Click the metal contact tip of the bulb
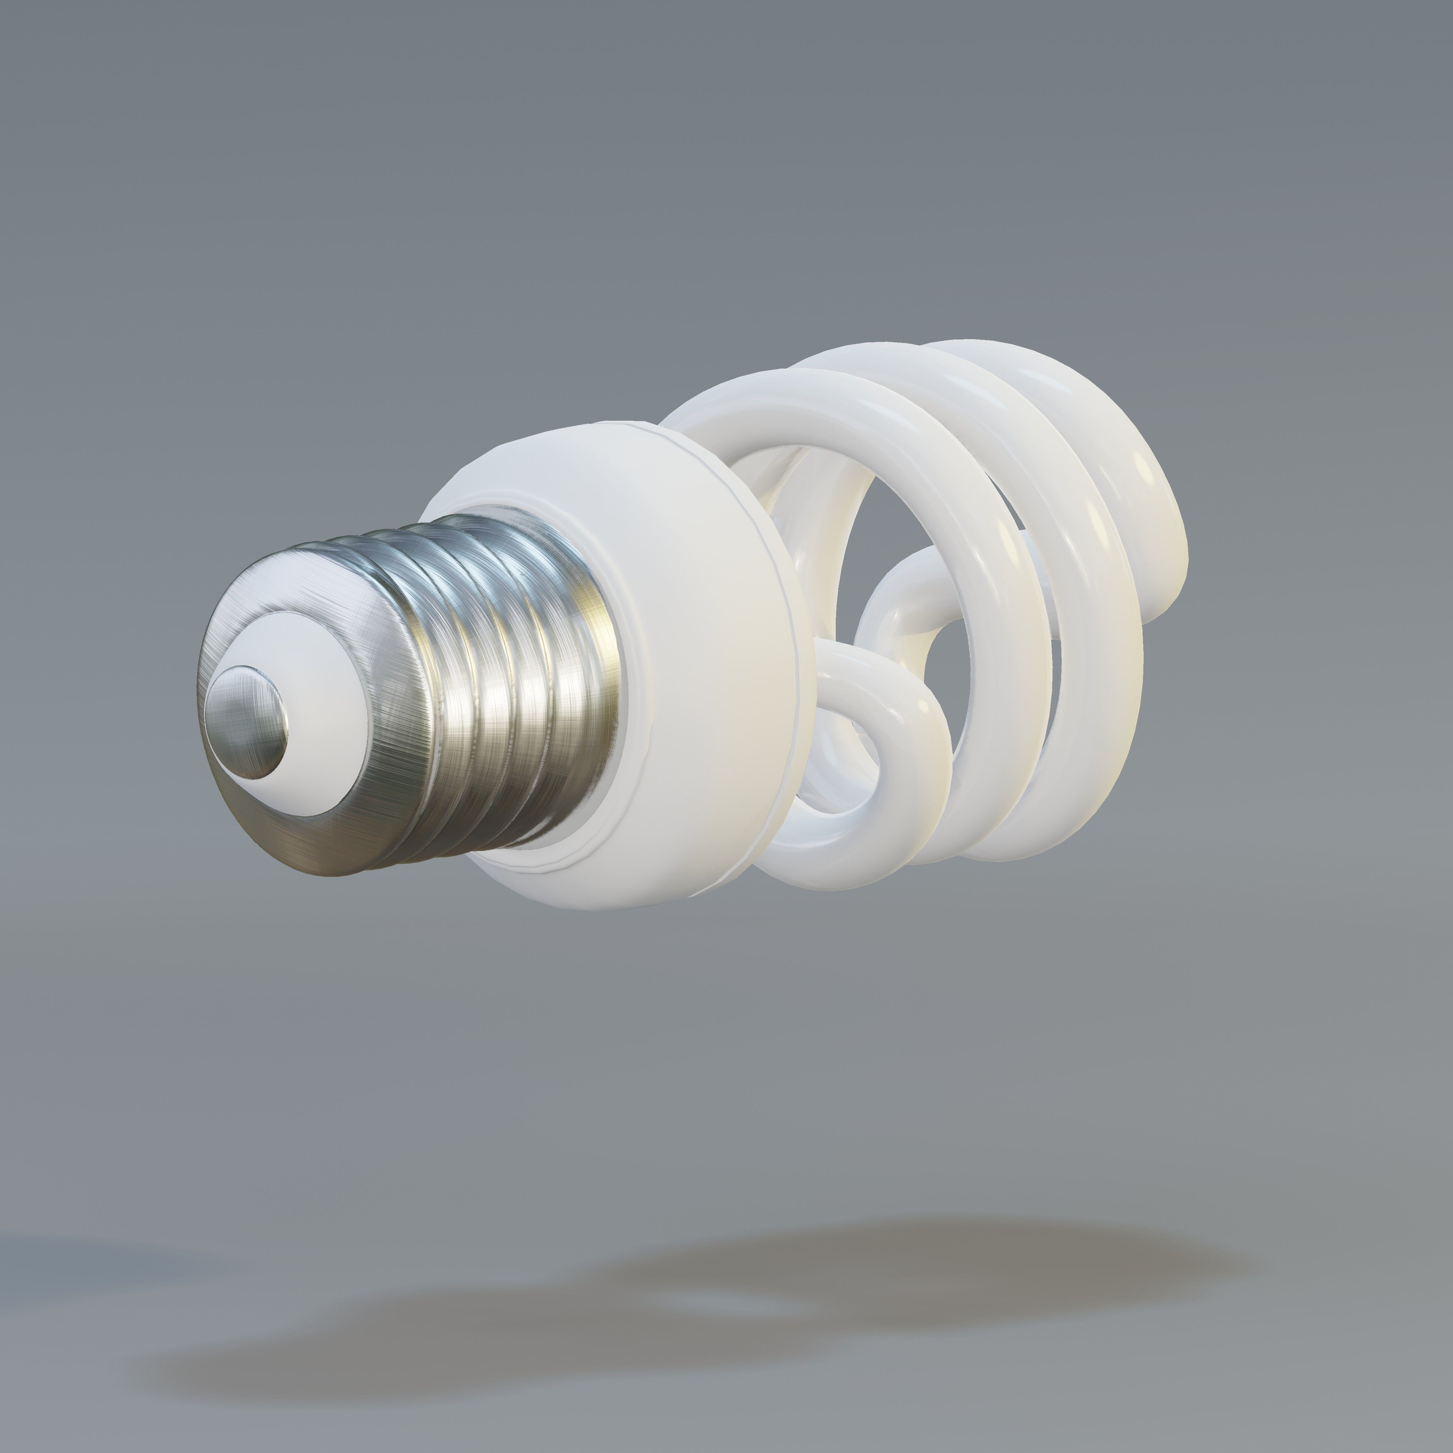pos(248,722)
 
